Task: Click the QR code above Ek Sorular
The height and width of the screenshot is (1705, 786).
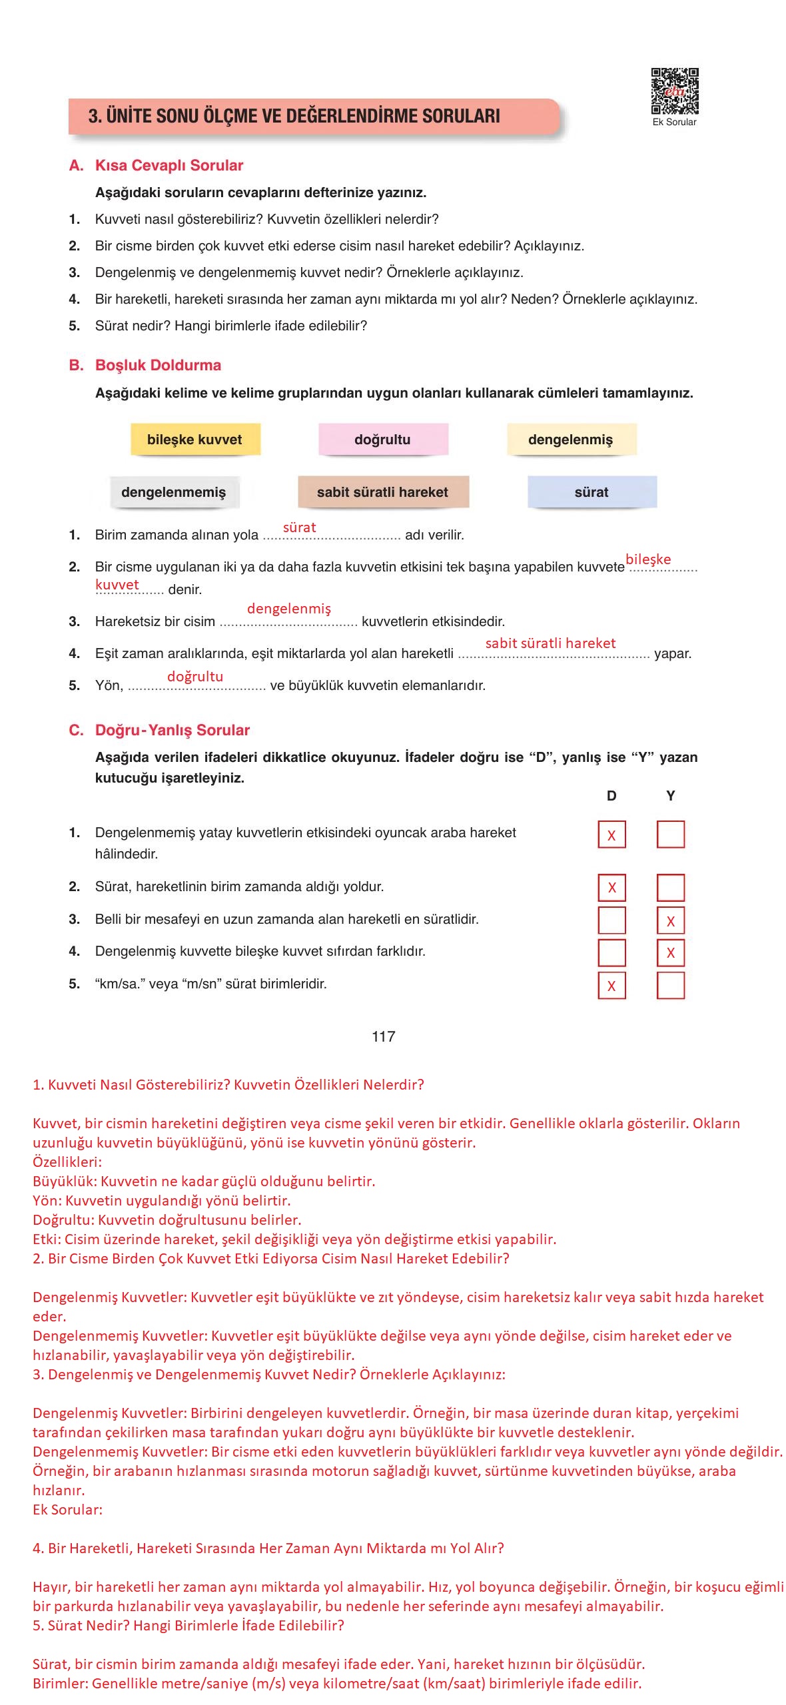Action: [674, 91]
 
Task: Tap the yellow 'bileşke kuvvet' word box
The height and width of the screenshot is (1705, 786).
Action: [195, 440]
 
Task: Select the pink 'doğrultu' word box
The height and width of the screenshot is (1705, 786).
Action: [382, 440]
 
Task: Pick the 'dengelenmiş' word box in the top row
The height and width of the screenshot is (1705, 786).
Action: [570, 440]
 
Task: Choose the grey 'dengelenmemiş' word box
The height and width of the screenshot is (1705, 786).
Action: [173, 492]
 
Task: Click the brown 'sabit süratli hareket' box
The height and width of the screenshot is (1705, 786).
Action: [382, 492]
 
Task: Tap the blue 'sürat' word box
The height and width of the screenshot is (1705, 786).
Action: [591, 492]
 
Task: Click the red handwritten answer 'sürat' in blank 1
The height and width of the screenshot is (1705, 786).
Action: [299, 527]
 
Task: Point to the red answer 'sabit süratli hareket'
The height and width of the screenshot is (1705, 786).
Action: [550, 643]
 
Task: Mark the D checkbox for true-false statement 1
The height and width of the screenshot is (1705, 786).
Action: [611, 835]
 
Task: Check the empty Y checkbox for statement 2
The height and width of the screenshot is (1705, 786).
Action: [670, 888]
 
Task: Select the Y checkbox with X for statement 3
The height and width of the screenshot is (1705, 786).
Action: [670, 921]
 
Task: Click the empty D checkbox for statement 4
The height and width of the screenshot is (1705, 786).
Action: [611, 952]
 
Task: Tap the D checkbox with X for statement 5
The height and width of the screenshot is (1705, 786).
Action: [611, 986]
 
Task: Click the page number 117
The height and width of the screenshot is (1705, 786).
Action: [384, 1036]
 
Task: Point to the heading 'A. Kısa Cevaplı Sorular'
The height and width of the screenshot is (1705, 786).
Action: [157, 165]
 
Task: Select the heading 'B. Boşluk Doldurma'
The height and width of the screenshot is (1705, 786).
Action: [145, 365]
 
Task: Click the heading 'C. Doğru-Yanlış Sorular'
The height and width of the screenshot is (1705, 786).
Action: [159, 730]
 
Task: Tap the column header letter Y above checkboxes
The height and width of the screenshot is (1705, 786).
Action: [670, 796]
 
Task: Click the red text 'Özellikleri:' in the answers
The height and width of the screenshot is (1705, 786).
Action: [67, 1162]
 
